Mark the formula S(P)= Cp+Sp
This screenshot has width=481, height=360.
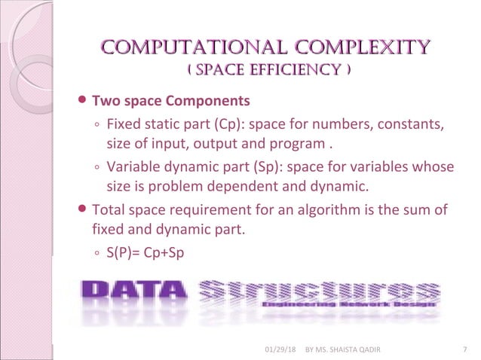146,254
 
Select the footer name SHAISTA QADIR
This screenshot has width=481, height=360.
359,349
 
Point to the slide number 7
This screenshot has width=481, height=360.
462,349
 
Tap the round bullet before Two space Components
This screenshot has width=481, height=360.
83,100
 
